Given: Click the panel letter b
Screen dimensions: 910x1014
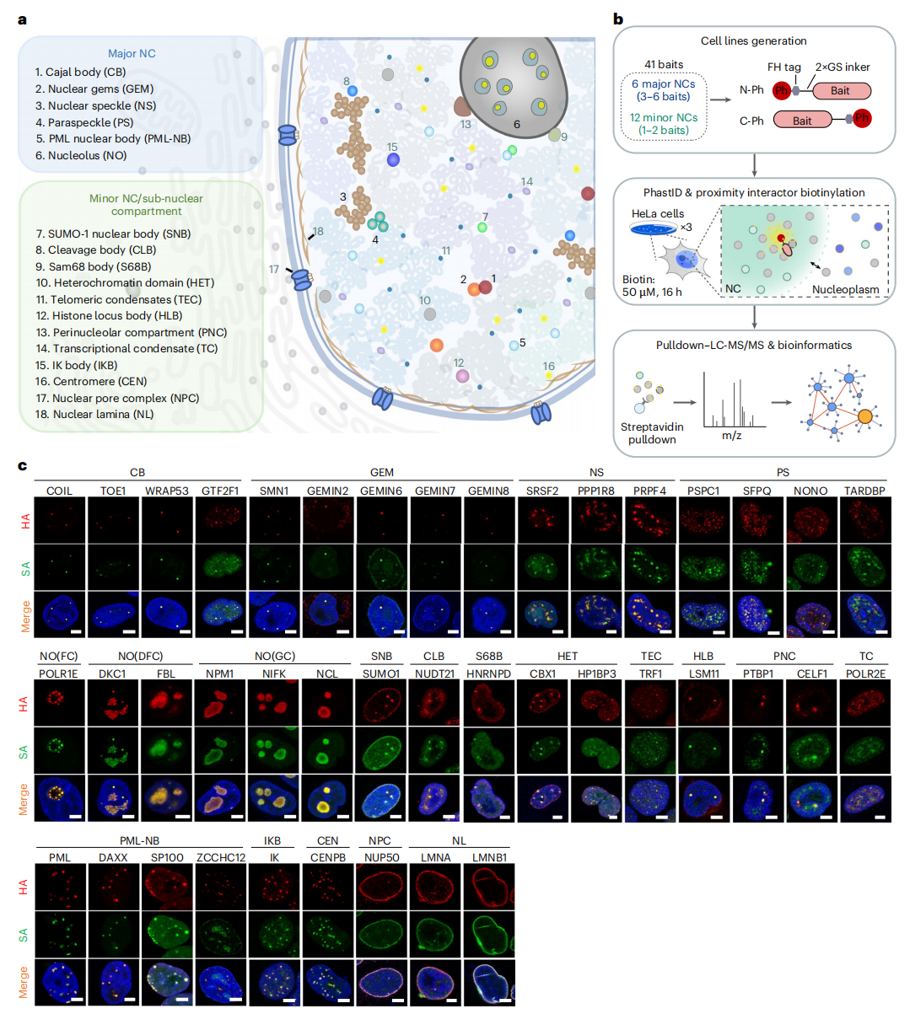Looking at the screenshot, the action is coord(618,19).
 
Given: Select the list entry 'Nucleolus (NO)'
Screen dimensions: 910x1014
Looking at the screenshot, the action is coord(81,156).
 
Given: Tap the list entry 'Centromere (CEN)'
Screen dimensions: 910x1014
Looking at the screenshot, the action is coord(90,381).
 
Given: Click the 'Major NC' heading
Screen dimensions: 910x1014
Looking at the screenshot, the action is coord(132,54).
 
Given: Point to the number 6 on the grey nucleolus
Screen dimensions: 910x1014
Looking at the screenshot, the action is coord(516,124).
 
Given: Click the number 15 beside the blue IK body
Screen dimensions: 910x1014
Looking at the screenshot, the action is coord(391,148).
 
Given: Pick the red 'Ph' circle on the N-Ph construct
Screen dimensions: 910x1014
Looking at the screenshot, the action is coord(781,90).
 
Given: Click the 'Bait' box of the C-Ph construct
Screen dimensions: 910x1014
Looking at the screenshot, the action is coord(802,121).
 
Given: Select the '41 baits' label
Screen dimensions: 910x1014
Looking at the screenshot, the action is coord(663,65).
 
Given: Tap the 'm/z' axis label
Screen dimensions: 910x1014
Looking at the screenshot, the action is coord(731,436).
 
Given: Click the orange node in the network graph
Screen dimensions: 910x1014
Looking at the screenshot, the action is coord(865,416).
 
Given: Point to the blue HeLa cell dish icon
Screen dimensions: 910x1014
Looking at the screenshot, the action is coord(653,228).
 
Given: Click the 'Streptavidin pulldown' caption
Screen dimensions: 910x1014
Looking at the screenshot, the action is coord(652,433).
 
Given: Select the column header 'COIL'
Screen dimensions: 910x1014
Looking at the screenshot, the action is coord(59,491).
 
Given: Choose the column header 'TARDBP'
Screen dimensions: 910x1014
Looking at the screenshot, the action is coord(864,491).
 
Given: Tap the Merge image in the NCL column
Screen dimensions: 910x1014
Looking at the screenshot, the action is coord(327,799).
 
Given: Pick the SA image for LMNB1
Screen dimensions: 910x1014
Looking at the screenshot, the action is coord(489,935).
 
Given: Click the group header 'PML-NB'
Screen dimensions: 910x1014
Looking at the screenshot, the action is coord(139,841).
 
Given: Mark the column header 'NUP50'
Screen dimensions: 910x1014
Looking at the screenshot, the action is coord(382,857).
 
